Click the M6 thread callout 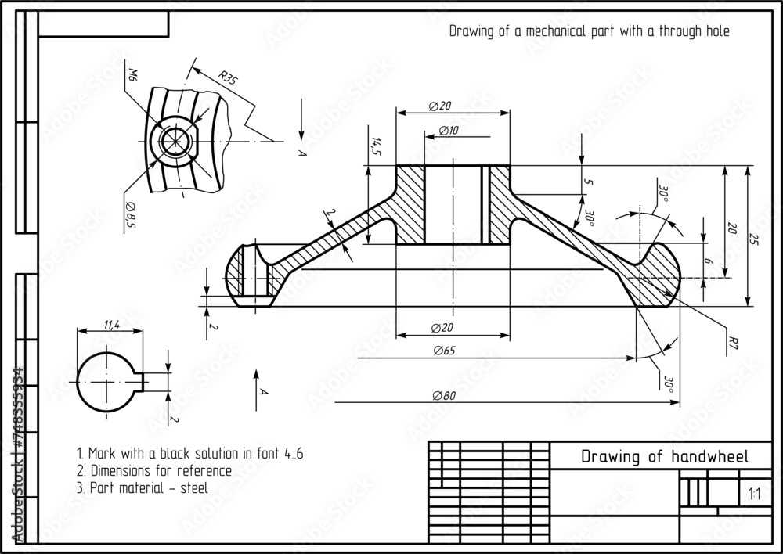pyautogui.click(x=131, y=75)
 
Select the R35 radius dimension pyautogui.click(x=227, y=77)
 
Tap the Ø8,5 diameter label pyautogui.click(x=130, y=214)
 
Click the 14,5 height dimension pyautogui.click(x=376, y=146)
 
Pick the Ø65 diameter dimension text pyautogui.click(x=444, y=351)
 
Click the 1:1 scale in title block pyautogui.click(x=754, y=494)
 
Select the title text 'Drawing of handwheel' pyautogui.click(x=664, y=457)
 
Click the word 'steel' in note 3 pyautogui.click(x=193, y=487)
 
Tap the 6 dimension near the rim pyautogui.click(x=709, y=264)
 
